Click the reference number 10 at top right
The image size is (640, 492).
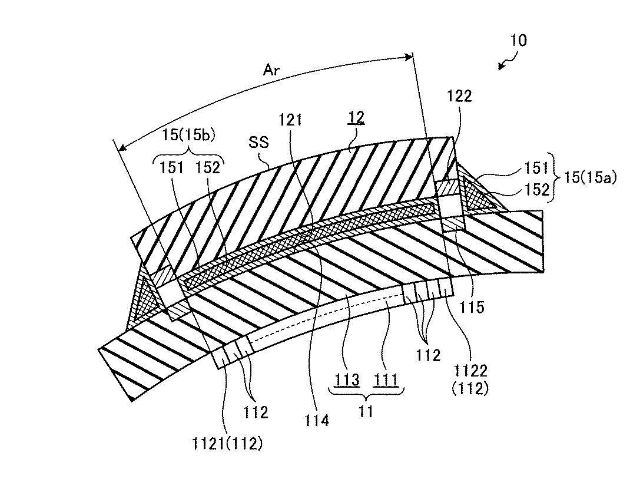click(x=519, y=40)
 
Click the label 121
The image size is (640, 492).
click(x=307, y=121)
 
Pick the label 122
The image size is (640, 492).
click(x=459, y=96)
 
